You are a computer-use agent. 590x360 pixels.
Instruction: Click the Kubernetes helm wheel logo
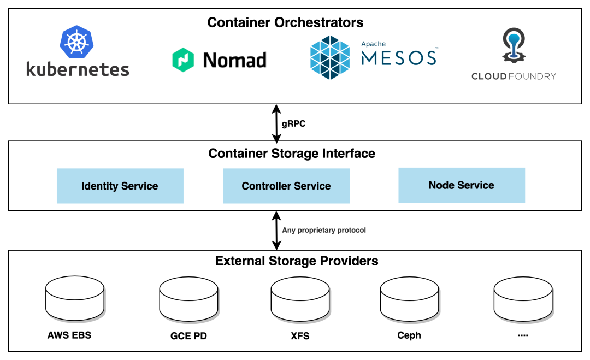pos(77,42)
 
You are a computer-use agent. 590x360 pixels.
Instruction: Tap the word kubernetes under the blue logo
pos(78,69)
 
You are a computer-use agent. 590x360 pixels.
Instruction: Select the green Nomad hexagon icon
pos(183,60)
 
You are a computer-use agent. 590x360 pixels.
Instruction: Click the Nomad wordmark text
pos(234,60)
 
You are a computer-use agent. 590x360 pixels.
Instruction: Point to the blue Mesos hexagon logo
pos(330,57)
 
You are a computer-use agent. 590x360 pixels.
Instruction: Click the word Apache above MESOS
pos(373,44)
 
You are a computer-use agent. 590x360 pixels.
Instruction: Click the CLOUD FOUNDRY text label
pos(514,76)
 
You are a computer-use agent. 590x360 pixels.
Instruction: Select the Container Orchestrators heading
pos(285,22)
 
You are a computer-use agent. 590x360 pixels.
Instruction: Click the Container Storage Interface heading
pos(292,154)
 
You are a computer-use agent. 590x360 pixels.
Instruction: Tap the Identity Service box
pos(120,186)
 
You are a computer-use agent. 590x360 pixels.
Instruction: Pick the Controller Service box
pos(286,186)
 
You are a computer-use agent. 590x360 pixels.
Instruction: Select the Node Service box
pos(461,185)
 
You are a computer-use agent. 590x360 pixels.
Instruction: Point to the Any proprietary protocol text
pos(324,231)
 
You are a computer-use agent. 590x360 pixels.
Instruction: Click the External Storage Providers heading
pos(297,261)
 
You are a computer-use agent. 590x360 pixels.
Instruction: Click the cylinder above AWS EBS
pos(75,299)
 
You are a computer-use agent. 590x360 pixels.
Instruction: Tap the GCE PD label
pos(188,336)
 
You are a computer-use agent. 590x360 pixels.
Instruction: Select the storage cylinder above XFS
pos(300,299)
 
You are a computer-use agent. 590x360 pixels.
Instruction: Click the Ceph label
pos(409,335)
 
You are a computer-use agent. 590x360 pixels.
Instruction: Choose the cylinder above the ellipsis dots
pos(523,299)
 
